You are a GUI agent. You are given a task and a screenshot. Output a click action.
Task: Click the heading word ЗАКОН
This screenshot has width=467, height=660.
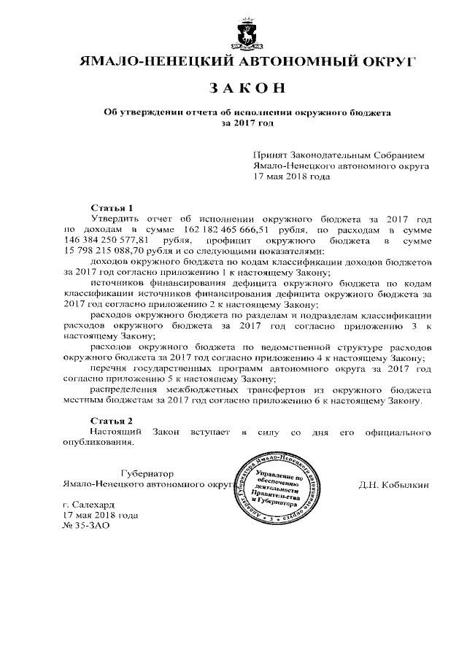246,89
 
